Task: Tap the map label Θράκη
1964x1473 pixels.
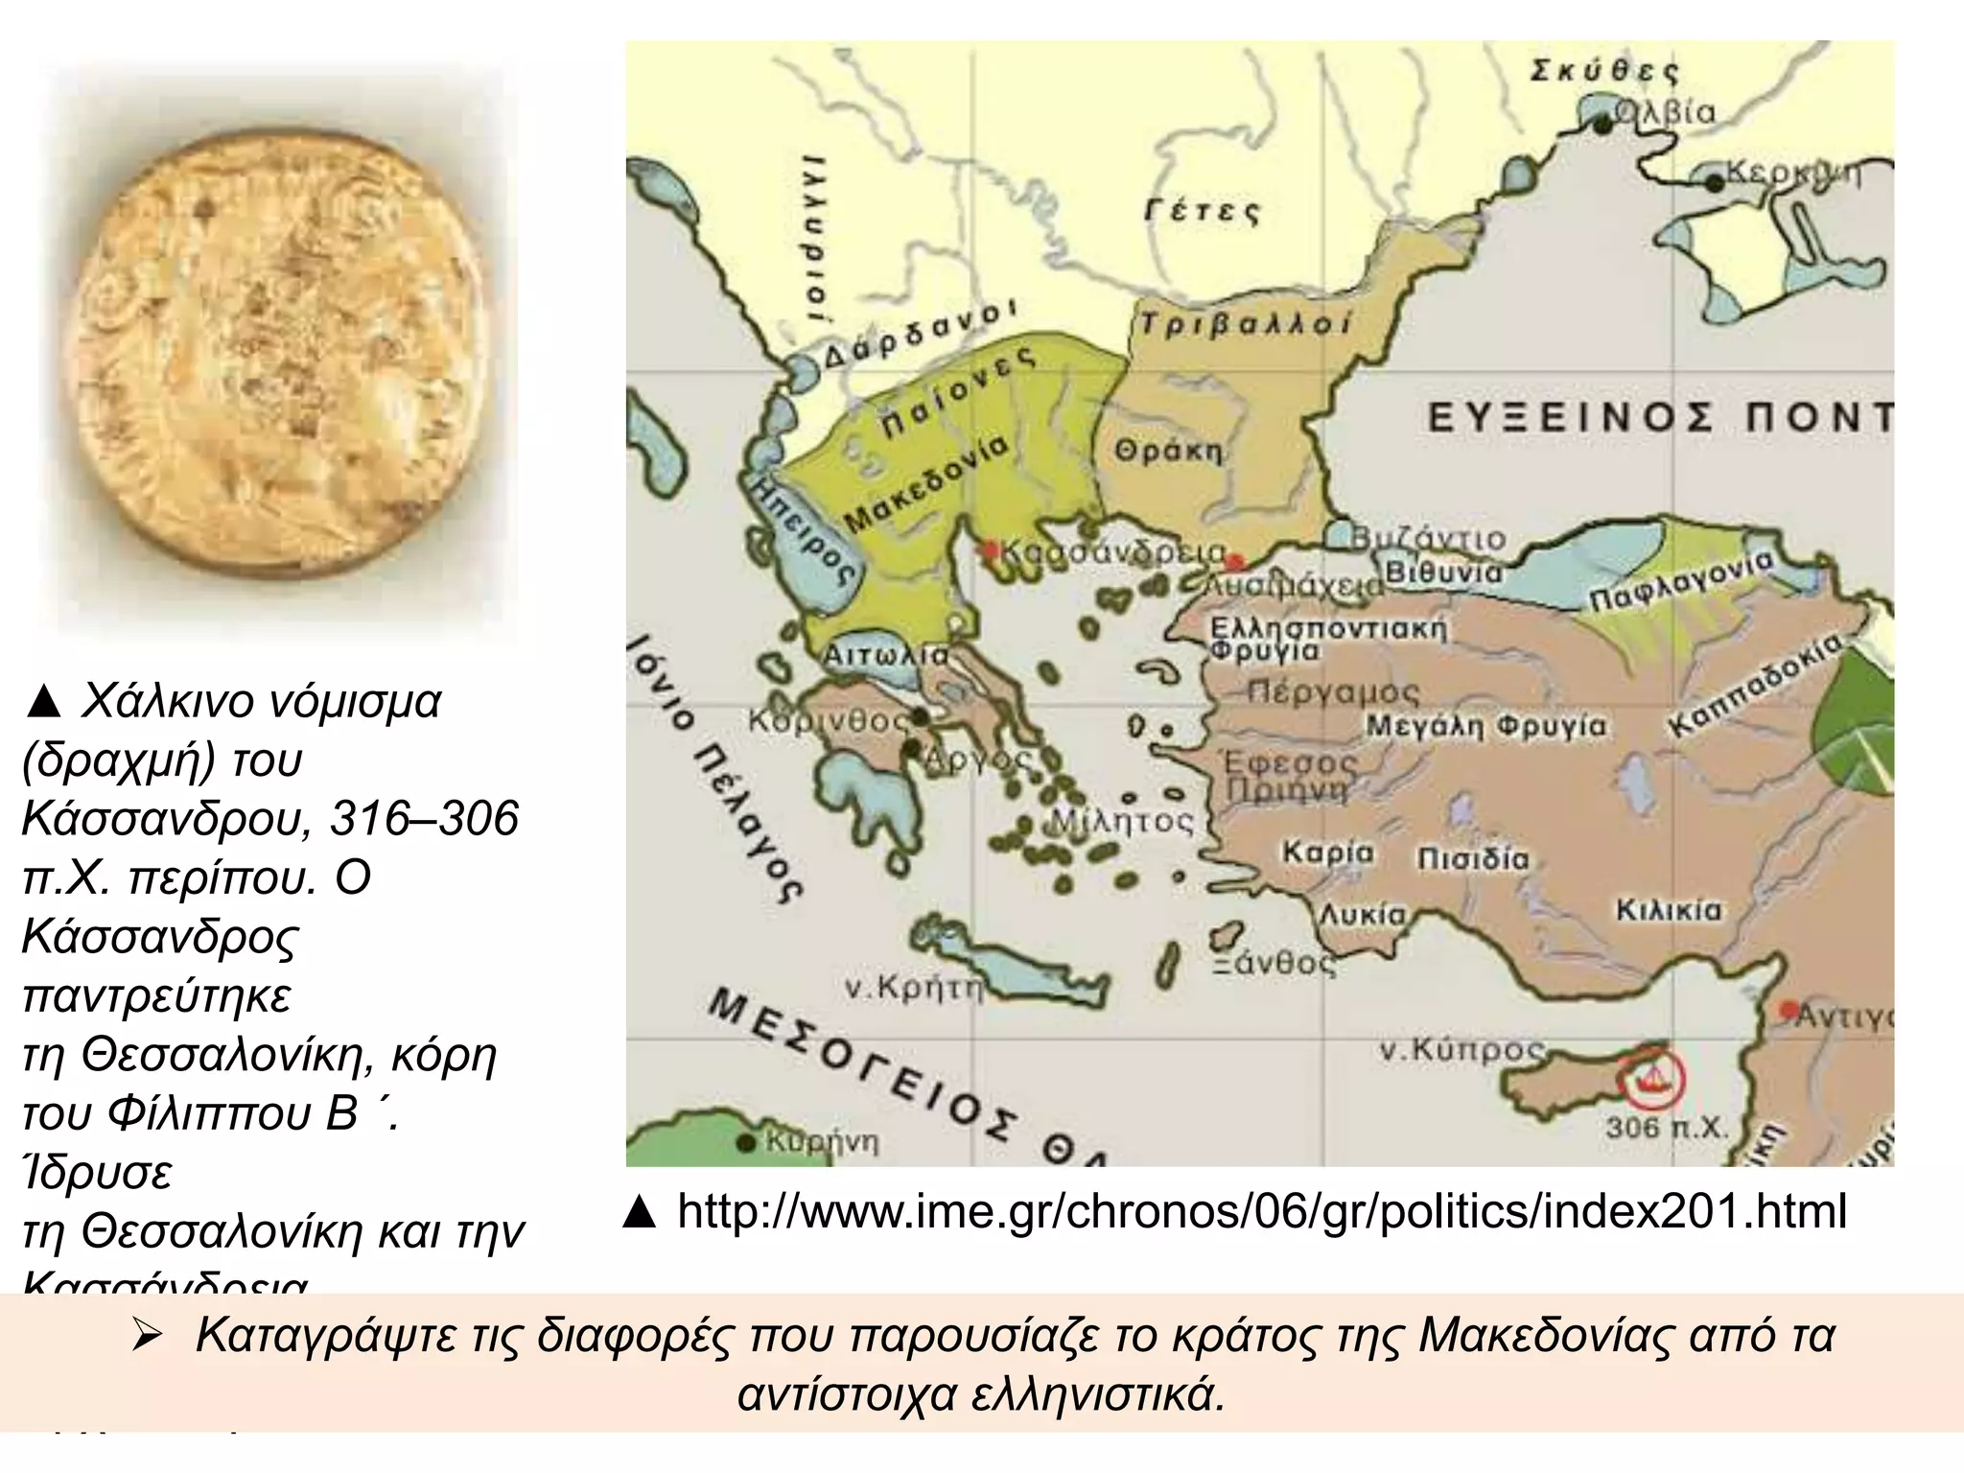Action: (1168, 451)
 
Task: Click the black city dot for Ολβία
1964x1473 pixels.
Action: (1602, 124)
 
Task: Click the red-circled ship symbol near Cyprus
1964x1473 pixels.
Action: (1651, 1080)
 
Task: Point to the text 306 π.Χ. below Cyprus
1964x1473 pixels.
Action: (1667, 1128)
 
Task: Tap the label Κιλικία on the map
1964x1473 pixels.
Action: (1669, 909)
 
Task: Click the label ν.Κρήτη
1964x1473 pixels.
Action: (914, 988)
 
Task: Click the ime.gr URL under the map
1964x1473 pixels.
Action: (1261, 1211)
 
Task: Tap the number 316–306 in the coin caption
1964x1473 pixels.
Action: (424, 818)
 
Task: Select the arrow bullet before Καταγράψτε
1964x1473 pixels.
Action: (151, 1336)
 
